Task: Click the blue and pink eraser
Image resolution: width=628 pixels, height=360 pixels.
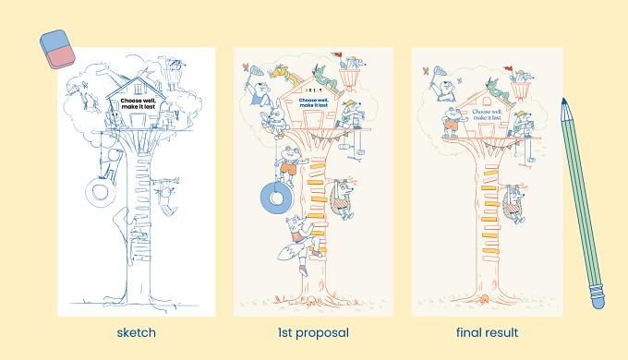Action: [57, 49]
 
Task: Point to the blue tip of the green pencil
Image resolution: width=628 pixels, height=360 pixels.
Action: [564, 102]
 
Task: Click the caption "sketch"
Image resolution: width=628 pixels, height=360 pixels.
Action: [136, 333]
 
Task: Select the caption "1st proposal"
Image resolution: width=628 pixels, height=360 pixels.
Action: [313, 333]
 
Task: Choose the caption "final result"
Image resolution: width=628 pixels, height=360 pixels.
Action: [487, 333]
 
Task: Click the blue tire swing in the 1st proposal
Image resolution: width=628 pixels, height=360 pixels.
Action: [277, 198]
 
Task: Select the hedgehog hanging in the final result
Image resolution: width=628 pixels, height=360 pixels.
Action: [514, 203]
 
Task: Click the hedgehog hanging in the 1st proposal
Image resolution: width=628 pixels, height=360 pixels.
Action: [343, 198]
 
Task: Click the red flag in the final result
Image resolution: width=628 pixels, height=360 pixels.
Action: [508, 68]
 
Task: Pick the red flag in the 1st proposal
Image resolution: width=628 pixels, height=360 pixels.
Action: [336, 54]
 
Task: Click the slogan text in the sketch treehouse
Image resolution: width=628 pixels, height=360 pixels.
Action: [139, 103]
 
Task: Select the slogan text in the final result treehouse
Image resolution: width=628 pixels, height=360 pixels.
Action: [487, 114]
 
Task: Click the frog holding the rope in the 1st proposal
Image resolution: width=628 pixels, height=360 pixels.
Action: [290, 165]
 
